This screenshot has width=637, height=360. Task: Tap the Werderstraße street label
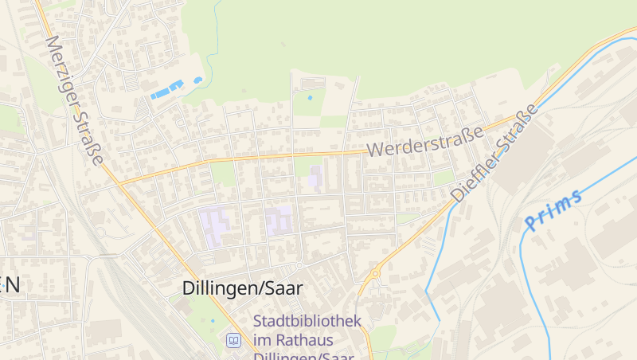click(x=425, y=141)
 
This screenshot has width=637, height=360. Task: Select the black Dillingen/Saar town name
click(x=242, y=288)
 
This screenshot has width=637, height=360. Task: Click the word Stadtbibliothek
click(x=307, y=322)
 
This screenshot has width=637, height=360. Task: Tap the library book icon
click(x=233, y=341)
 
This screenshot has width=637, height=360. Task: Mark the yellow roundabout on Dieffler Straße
click(x=374, y=273)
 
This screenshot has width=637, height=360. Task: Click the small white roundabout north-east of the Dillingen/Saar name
click(x=299, y=264)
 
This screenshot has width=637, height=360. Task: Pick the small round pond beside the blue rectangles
click(x=197, y=80)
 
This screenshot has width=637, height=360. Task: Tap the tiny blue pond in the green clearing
click(x=310, y=98)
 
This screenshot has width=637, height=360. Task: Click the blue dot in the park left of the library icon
click(x=213, y=321)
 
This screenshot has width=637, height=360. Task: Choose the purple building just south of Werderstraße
click(x=316, y=177)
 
